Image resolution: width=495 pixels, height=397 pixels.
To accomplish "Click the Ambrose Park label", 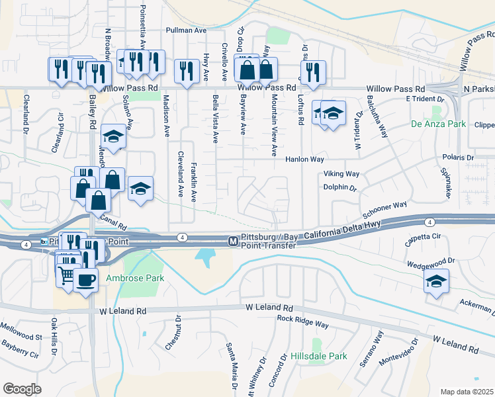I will (137, 279).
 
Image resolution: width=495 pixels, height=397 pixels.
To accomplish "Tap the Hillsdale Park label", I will (320, 356).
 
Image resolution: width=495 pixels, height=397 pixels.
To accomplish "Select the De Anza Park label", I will (438, 124).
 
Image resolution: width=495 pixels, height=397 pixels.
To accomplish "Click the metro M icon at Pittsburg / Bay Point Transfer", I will (233, 242).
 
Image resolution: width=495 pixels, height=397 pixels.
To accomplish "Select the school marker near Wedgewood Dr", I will (436, 283).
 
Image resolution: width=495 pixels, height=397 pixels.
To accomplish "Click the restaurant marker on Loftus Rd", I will (312, 72).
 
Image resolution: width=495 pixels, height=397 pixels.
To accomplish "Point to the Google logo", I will (22, 389).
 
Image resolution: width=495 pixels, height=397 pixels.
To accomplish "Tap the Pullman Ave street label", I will (187, 30).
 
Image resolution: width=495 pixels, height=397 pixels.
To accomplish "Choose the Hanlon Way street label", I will (304, 159).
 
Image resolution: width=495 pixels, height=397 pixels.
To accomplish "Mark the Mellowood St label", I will (21, 337).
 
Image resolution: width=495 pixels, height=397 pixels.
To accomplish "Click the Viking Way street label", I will (341, 174).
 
